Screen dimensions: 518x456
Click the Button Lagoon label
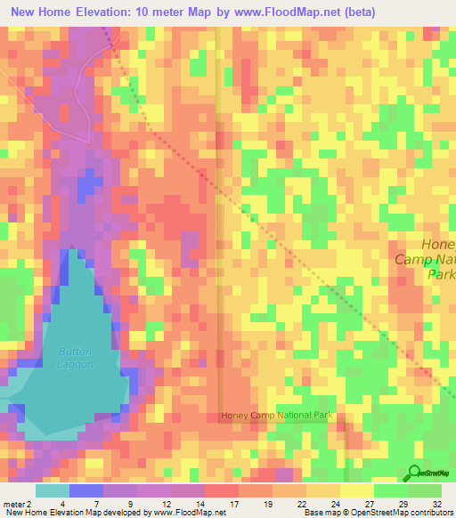pos(76,357)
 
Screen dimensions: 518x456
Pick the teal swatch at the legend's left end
pos(52,490)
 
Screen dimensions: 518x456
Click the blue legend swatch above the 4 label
pos(85,490)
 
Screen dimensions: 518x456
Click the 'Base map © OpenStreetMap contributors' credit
pos(377,513)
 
